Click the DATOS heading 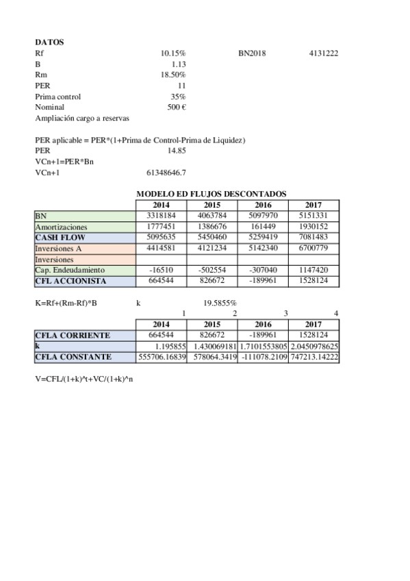click(49, 42)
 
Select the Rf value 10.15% click(173, 53)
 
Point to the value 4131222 click(324, 53)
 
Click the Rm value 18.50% click(173, 75)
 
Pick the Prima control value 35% click(178, 97)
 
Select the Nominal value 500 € click(177, 108)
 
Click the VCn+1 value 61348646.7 click(166, 173)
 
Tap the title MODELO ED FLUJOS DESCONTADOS click(212, 195)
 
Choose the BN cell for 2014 click(162, 216)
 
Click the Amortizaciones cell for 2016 click(263, 227)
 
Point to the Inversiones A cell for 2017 click(313, 249)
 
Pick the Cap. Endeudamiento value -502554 click(212, 271)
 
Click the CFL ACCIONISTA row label click(67, 282)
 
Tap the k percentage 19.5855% click(220, 303)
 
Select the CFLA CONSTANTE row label click(73, 358)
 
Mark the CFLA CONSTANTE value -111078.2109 click(264, 358)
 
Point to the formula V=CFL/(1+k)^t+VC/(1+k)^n click(84, 379)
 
